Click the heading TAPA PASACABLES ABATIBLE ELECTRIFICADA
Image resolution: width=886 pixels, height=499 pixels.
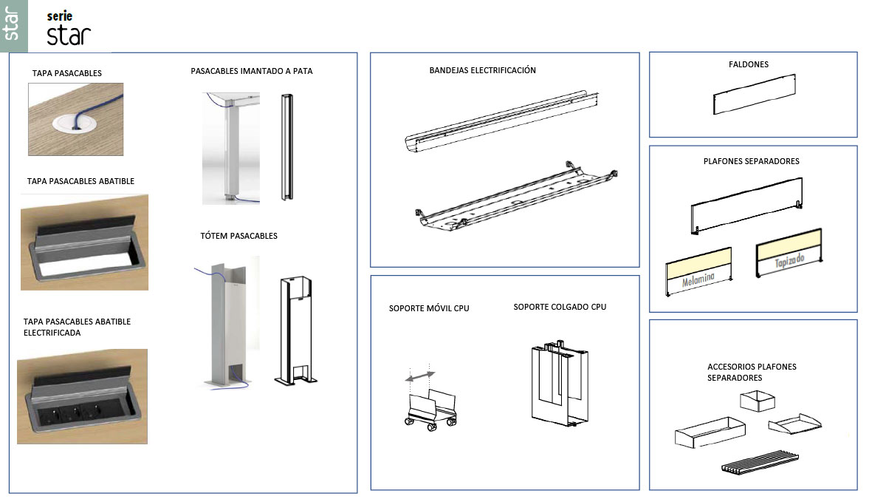coord(77,327)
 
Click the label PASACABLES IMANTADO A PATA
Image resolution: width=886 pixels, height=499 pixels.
coord(252,71)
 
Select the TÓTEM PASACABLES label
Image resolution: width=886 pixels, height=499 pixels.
coord(239,236)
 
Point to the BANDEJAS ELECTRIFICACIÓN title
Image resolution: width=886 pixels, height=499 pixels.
coord(483,70)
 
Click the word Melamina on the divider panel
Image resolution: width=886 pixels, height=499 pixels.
coord(698,279)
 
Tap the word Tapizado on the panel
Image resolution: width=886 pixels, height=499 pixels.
coord(789,261)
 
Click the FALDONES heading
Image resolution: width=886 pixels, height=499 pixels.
coord(749,64)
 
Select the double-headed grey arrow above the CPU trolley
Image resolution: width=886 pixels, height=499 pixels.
coord(420,376)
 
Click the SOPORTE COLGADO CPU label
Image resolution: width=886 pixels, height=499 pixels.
coord(560,307)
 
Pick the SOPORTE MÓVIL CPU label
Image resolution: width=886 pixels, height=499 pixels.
coord(429,308)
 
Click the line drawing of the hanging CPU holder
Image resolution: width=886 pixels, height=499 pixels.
coord(560,384)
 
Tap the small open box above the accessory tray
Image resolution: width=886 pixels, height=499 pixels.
coord(758,401)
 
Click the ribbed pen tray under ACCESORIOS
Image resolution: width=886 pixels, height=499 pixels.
coord(760,462)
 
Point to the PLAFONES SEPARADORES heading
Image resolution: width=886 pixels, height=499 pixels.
coord(751,162)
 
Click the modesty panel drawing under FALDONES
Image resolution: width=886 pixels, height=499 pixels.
coord(755,95)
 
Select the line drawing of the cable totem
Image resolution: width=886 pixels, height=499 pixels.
coord(296,330)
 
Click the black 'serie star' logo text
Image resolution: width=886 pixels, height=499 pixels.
coord(69,28)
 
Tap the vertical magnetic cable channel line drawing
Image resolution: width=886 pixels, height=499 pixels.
coord(287,147)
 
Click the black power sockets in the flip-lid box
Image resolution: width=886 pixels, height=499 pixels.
coord(76,413)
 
